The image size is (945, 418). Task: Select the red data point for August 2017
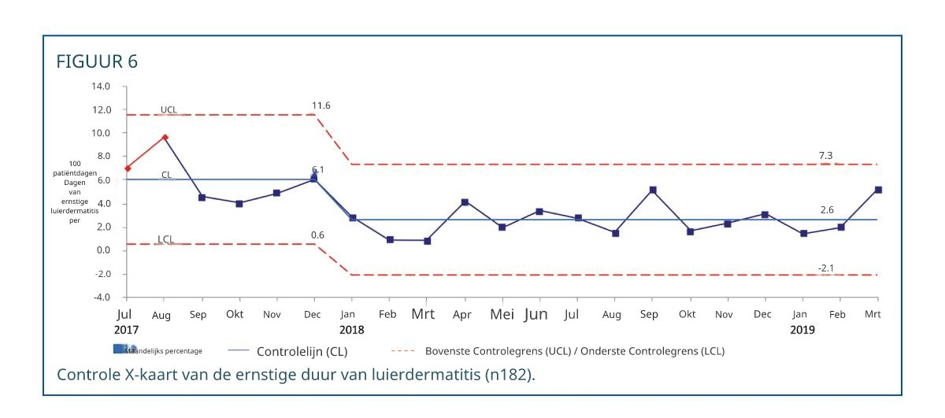pyautogui.click(x=164, y=137)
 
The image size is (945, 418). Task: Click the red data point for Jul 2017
pyautogui.click(x=127, y=168)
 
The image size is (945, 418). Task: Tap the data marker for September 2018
pyautogui.click(x=653, y=190)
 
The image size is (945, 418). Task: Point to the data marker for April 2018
pyautogui.click(x=465, y=202)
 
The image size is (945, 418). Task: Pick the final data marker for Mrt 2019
pyautogui.click(x=878, y=190)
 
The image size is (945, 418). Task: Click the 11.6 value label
pyautogui.click(x=321, y=105)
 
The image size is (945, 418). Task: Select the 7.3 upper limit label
pyautogui.click(x=825, y=156)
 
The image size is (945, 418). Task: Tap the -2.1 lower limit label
pyautogui.click(x=825, y=268)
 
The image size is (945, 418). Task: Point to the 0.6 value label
pyautogui.click(x=317, y=235)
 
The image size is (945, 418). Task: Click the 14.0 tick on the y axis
pyautogui.click(x=101, y=86)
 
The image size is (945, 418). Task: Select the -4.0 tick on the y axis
pyautogui.click(x=101, y=298)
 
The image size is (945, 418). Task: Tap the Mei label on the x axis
pyautogui.click(x=502, y=314)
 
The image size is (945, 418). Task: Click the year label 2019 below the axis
pyautogui.click(x=802, y=330)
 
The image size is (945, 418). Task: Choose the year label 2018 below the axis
pyautogui.click(x=352, y=330)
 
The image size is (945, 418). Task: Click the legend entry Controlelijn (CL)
pyautogui.click(x=302, y=350)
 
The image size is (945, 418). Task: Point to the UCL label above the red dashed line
pyautogui.click(x=169, y=109)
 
